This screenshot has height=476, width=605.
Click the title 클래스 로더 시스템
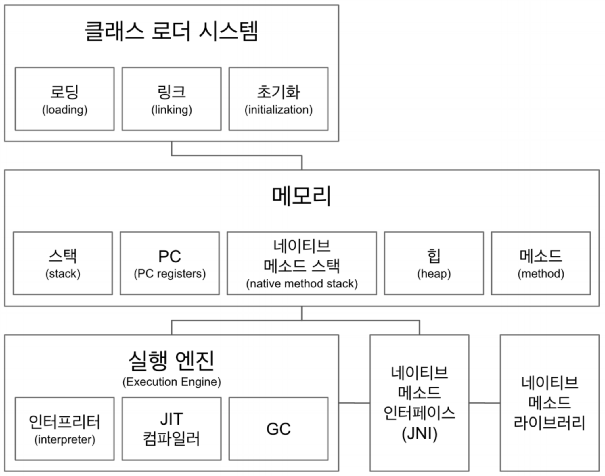pos(171,31)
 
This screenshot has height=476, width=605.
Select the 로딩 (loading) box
pos(65,99)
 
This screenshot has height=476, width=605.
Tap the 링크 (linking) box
pos(172,99)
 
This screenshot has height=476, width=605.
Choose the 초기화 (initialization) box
pos(278,99)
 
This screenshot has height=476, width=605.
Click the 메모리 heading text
pos(302,196)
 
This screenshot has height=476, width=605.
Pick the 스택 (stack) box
pos(63,263)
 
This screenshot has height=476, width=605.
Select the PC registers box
pos(170,263)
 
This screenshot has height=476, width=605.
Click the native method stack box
pos(302,263)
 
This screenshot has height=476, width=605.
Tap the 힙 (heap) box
pos(434,263)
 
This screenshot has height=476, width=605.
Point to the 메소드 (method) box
pos(541,263)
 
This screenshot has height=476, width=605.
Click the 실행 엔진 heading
pos(171,360)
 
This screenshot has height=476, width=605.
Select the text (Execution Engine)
pos(172,382)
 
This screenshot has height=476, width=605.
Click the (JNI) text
pos(419,434)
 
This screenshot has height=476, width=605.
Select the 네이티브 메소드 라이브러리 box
pos(550,403)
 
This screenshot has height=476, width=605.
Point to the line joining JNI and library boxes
pos(485,403)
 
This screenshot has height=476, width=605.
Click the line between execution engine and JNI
pos(354,403)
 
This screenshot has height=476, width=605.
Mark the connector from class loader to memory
pos(237,156)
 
